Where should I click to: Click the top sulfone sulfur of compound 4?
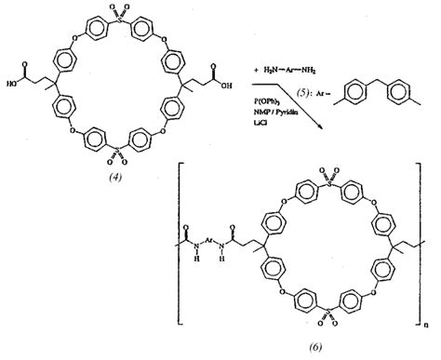click(124, 18)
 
